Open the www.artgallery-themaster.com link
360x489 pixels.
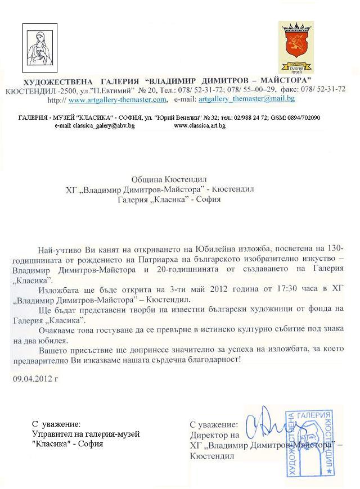(x=118, y=99)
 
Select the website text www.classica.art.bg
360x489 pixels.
(x=200, y=126)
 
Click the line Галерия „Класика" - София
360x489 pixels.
(x=169, y=199)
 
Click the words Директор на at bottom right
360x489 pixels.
(x=214, y=435)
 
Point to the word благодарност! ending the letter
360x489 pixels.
(x=215, y=360)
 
